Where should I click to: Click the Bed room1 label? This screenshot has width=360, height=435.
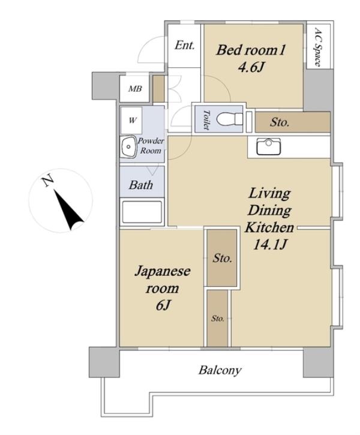tap(251, 50)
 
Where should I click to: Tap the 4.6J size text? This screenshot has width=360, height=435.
tap(250, 67)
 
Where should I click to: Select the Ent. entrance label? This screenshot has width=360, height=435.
tap(184, 45)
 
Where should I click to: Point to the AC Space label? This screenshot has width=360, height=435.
tap(318, 47)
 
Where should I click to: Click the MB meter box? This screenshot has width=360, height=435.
tap(135, 89)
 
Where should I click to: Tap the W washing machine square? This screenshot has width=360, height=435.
tap(132, 121)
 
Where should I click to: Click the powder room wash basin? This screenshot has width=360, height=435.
tap(128, 147)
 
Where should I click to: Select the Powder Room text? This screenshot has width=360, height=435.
tap(151, 146)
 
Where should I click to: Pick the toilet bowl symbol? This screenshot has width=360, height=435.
tap(230, 119)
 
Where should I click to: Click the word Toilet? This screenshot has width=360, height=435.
tap(206, 119)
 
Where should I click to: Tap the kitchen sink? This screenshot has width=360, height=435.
tap(269, 146)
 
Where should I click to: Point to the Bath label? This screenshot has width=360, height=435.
tap(141, 185)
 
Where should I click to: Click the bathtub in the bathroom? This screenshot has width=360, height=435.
tap(142, 212)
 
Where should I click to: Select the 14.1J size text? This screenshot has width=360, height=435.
tap(269, 244)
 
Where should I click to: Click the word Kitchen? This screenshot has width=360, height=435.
tap(269, 227)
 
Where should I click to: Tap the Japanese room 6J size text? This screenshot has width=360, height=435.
tap(163, 305)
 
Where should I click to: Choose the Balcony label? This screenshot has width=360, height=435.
tap(220, 370)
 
